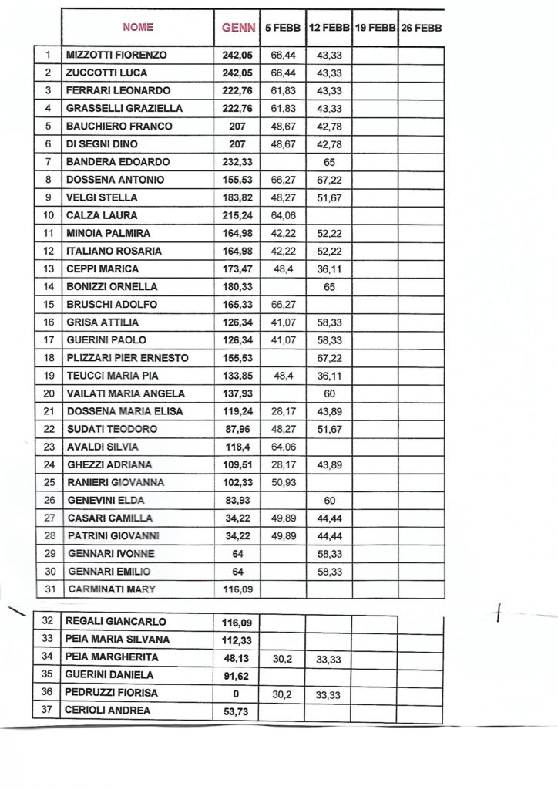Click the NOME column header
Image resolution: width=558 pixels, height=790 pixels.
pyautogui.click(x=137, y=27)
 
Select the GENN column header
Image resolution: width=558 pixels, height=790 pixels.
pyautogui.click(x=236, y=27)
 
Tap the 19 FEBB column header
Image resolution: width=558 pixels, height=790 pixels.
pyautogui.click(x=375, y=27)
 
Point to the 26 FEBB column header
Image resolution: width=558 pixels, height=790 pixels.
pyautogui.click(x=422, y=27)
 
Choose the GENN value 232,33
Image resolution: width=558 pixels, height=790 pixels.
pyautogui.click(x=236, y=162)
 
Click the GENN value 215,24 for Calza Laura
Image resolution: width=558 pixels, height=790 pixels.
pyautogui.click(x=236, y=215)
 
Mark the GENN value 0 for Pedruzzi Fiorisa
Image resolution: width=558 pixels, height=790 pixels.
pyautogui.click(x=236, y=693)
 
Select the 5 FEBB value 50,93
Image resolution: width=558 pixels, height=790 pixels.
pyautogui.click(x=283, y=482)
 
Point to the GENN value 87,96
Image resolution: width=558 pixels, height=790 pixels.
pyautogui.click(x=236, y=429)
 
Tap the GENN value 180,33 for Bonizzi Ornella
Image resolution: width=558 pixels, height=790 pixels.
pyautogui.click(x=236, y=287)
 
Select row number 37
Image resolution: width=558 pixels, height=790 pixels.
pyautogui.click(x=48, y=711)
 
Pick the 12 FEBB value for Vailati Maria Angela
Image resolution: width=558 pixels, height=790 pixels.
pyautogui.click(x=329, y=393)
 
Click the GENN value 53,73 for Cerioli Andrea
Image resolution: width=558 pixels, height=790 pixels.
pyautogui.click(x=236, y=711)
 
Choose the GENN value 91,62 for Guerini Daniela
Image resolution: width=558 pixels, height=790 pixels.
pyautogui.click(x=236, y=675)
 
